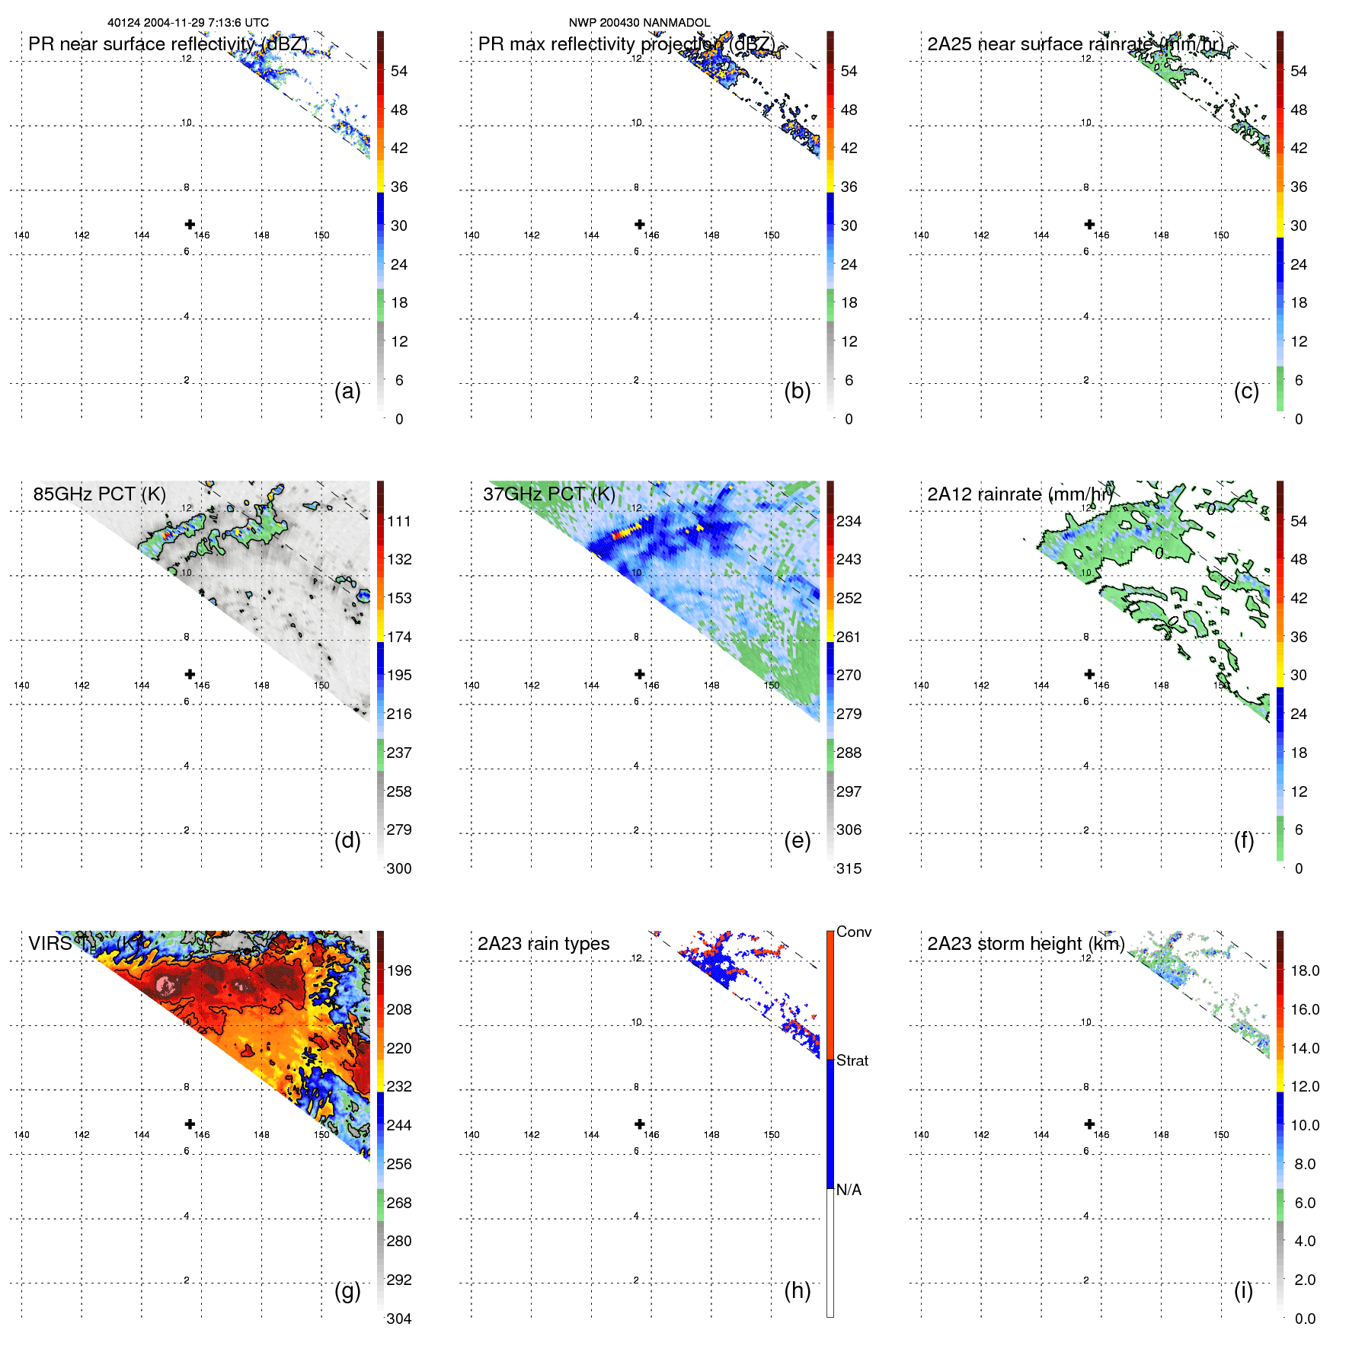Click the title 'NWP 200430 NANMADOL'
click(639, 23)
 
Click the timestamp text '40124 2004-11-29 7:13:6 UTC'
click(188, 23)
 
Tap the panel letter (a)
click(347, 391)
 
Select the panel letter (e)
click(797, 840)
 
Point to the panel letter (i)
click(1243, 1290)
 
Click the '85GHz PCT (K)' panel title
click(99, 494)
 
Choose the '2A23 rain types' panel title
click(543, 944)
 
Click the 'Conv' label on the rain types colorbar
click(853, 932)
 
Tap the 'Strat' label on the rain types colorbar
click(852, 1060)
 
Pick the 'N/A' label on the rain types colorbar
click(849, 1190)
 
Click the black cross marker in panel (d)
click(190, 674)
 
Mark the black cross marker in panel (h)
click(640, 1124)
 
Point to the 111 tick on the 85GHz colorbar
click(399, 521)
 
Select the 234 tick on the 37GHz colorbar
click(849, 521)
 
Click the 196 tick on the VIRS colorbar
click(399, 970)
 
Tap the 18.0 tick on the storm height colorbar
click(1305, 970)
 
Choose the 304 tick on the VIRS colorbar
click(399, 1319)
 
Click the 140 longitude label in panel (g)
click(21, 1135)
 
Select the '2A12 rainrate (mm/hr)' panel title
click(1019, 494)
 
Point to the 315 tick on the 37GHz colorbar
click(849, 868)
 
